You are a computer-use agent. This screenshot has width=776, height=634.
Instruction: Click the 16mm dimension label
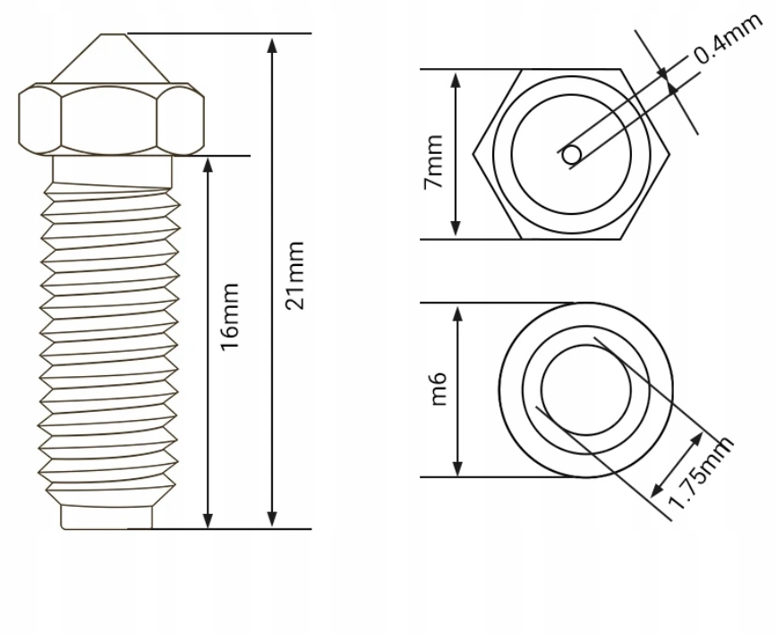tap(230, 314)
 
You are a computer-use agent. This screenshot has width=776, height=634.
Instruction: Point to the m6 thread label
tap(438, 390)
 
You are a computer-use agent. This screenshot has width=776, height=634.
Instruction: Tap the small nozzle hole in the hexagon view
tap(571, 155)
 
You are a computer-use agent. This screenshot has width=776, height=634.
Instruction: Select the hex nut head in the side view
tap(112, 119)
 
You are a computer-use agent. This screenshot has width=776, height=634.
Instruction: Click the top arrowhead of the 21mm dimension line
tap(273, 43)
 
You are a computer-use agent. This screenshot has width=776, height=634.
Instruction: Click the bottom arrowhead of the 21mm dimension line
tap(273, 520)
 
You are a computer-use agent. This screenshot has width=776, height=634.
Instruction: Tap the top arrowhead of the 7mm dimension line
tap(456, 79)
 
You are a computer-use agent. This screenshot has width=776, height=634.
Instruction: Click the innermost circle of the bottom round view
tap(585, 390)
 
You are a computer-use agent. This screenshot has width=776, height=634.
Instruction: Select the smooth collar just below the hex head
tap(112, 167)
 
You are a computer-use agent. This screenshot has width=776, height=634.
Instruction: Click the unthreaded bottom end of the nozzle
tap(110, 518)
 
